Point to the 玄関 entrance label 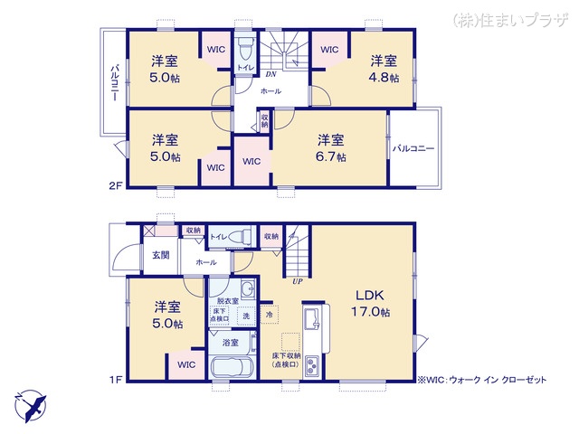pyautogui.click(x=161, y=254)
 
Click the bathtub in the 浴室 pyautogui.click(x=231, y=371)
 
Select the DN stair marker pyautogui.click(x=271, y=74)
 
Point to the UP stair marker pyautogui.click(x=296, y=281)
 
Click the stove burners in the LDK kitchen pyautogui.click(x=312, y=366)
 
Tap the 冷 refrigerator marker pyautogui.click(x=270, y=315)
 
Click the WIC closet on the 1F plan pyautogui.click(x=186, y=365)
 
